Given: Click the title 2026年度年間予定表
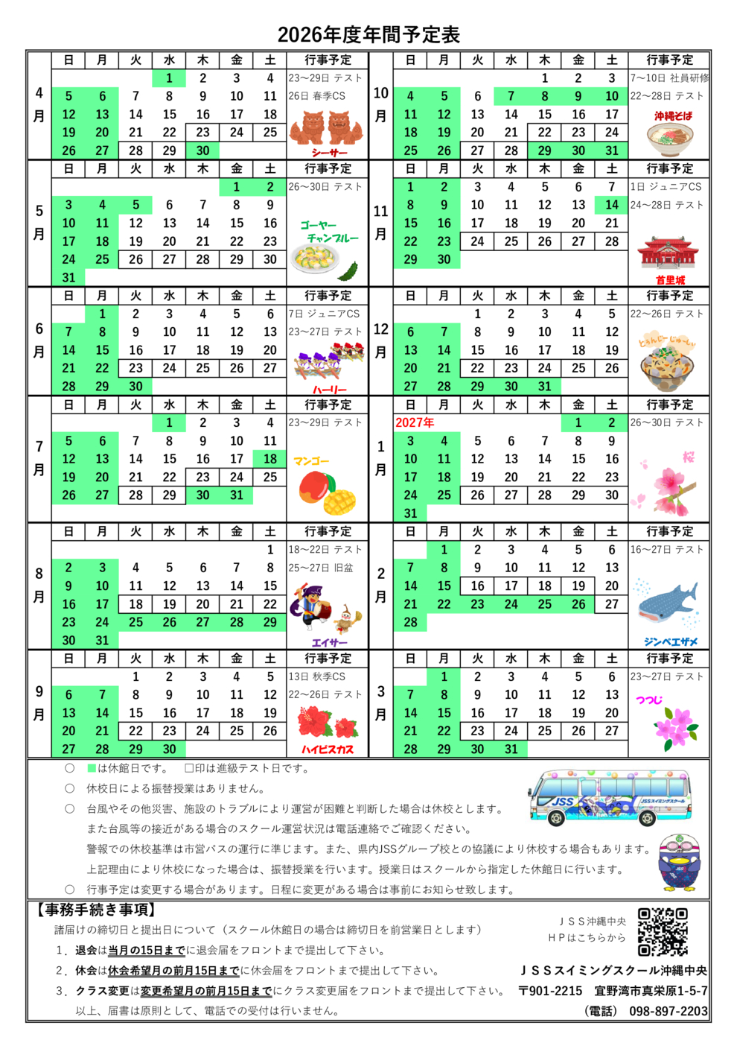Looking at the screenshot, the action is pos(368,34).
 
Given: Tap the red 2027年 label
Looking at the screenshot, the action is pos(415,422).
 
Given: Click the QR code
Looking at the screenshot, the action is pos(663,931).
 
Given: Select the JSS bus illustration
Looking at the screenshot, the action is pos(609,798).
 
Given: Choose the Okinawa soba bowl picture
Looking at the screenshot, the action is pos(669,138).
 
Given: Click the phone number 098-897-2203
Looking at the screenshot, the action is pos(669,1011).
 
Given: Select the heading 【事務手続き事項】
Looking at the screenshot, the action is pos(95,910).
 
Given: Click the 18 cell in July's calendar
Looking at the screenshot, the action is pos(270,459).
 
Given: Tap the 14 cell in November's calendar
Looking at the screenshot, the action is pos(612,205).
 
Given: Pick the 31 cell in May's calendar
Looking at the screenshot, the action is pos(68,277).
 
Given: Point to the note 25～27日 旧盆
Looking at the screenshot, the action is pos(321,568).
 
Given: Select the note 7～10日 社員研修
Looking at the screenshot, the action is pos(669,77).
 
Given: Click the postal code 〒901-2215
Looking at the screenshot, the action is pos(550,991).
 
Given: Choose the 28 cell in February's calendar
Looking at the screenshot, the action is pos(410,622).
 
